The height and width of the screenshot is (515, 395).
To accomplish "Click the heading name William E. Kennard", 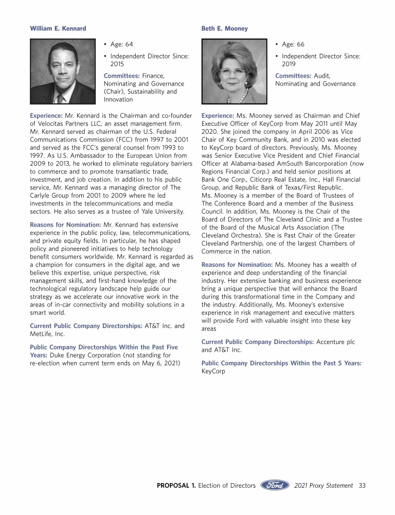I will pyautogui.click(x=58, y=28).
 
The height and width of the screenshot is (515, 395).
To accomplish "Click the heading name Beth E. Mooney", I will pyautogui.click(x=225, y=28).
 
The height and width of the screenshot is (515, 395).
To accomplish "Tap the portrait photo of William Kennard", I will pyautogui.click(x=63, y=72).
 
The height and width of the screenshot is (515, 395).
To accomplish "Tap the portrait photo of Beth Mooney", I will pyautogui.click(x=235, y=72).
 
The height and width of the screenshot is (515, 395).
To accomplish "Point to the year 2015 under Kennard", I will pyautogui.click(x=118, y=64).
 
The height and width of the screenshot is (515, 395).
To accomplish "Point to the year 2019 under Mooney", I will pyautogui.click(x=289, y=64).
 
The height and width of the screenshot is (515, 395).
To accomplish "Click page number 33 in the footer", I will pyautogui.click(x=362, y=485).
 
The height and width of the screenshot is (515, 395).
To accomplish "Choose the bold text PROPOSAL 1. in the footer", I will pyautogui.click(x=176, y=485).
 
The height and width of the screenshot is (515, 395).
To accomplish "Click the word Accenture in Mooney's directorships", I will pyautogui.click(x=332, y=342).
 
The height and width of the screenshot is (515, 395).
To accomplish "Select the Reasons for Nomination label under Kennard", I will pyautogui.click(x=65, y=225).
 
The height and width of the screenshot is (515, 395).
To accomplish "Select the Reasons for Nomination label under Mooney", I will pyautogui.click(x=237, y=265).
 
